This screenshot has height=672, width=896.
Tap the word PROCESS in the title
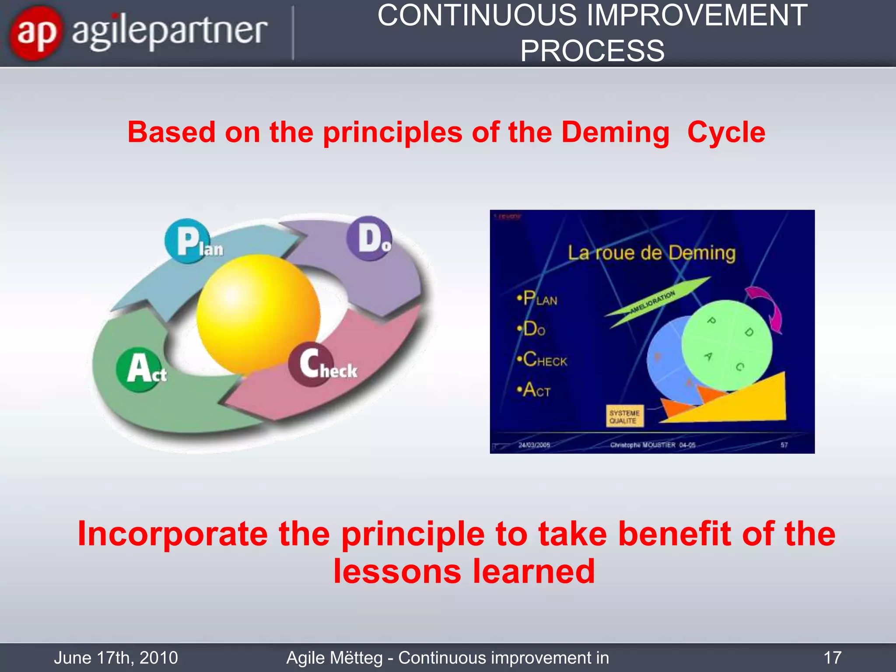(592, 51)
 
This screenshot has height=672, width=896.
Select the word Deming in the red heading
(615, 132)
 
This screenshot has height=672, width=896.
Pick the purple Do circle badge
(368, 238)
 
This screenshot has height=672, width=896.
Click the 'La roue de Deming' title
(651, 253)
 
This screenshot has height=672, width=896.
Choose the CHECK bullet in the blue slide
(542, 360)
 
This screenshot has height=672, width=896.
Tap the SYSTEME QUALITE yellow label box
(624, 416)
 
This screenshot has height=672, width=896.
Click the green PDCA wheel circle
(727, 345)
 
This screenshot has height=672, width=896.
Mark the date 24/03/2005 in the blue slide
(534, 445)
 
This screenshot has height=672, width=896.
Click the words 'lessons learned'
(464, 571)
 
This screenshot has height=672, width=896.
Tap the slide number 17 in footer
(832, 658)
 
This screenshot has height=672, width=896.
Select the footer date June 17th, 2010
(116, 658)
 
